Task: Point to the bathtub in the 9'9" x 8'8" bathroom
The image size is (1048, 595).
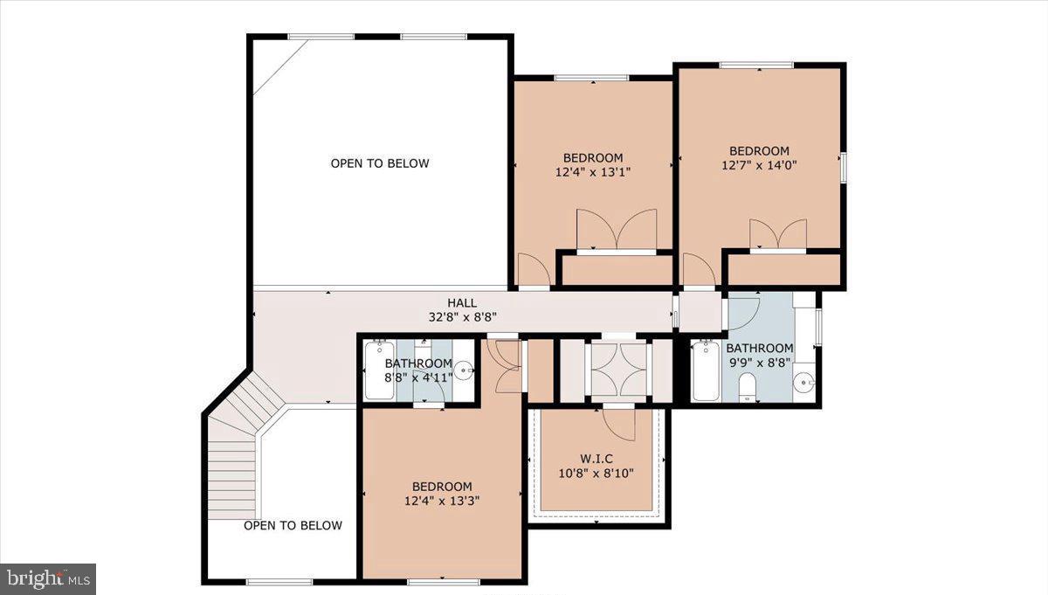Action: point(705,371)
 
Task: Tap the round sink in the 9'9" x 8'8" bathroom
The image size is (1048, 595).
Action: point(805,382)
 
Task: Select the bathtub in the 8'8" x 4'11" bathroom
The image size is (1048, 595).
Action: point(380,371)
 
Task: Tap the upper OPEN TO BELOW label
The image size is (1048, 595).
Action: point(380,163)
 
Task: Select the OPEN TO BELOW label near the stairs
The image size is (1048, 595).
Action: point(293,525)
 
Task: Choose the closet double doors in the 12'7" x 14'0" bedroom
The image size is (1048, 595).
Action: point(777,234)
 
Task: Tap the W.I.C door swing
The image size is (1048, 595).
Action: point(622,424)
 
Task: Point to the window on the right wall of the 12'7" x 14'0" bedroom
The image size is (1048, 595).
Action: point(843,167)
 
